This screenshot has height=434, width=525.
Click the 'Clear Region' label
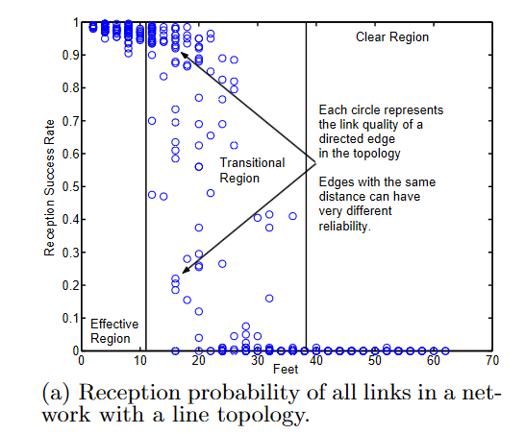392,36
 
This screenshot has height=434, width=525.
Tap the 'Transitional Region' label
252,170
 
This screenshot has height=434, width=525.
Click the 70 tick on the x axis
491,361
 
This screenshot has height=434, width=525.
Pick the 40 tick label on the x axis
315,361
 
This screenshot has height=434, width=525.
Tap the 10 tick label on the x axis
139,361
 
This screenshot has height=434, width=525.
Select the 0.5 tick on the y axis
67,185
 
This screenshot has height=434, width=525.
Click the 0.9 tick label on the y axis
67,55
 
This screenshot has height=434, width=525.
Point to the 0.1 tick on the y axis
67,318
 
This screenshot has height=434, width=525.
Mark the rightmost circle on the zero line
444,350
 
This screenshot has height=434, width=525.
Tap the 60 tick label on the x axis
433,361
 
